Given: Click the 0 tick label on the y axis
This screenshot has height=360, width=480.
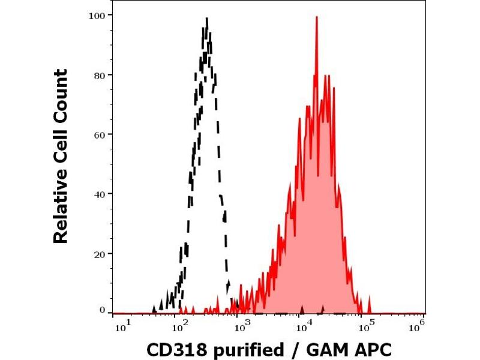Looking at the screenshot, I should [102, 310].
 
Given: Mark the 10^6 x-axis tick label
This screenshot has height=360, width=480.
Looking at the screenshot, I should [418, 325].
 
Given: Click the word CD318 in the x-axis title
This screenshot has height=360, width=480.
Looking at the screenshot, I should [173, 349].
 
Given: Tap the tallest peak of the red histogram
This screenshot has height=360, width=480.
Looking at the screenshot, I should [316, 17].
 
